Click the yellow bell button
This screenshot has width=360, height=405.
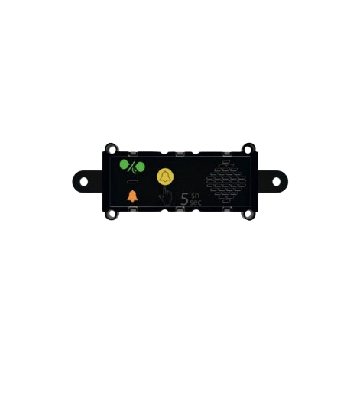(165, 177)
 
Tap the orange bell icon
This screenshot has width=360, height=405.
(132, 196)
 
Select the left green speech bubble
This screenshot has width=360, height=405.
(125, 164)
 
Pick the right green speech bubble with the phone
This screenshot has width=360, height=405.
(140, 167)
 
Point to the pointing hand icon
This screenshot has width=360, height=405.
(165, 196)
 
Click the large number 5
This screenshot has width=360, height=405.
(184, 199)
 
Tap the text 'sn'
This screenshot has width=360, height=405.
(195, 196)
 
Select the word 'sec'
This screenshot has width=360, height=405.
(196, 202)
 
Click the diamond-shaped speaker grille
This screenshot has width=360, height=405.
(226, 182)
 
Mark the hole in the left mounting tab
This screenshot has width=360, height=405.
(83, 182)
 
